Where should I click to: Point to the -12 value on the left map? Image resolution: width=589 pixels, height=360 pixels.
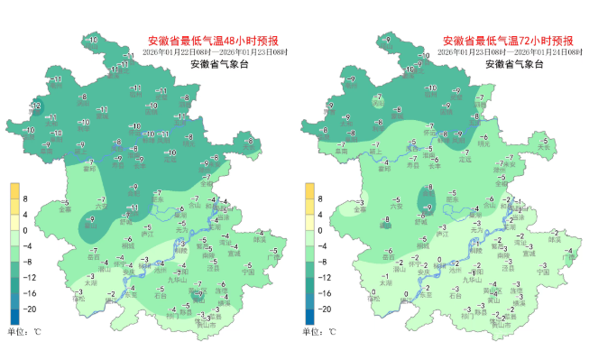click(37, 106)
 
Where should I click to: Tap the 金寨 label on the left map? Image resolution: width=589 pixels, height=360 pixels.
click(66, 210)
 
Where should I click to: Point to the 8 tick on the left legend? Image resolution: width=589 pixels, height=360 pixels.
click(25, 198)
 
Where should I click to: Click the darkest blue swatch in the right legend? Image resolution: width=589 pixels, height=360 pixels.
click(308, 316)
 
